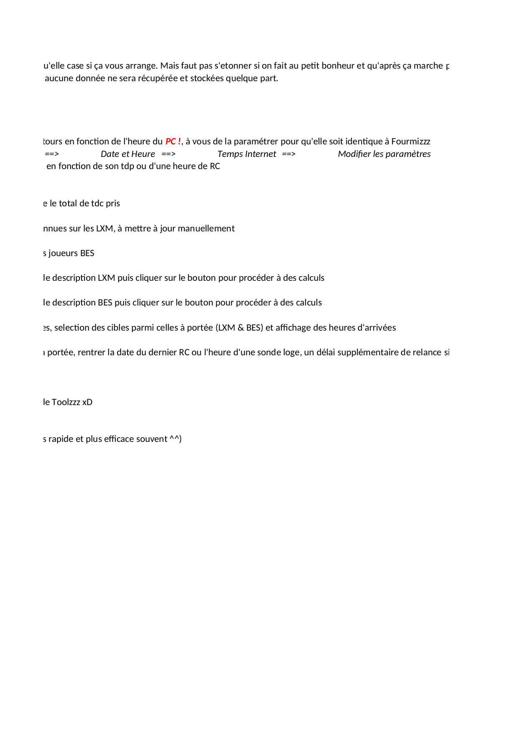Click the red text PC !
[x=173, y=141]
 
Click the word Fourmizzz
[x=411, y=141]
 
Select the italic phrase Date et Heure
[x=128, y=154]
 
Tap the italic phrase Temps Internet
[x=247, y=154]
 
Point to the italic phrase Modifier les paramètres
[x=384, y=154]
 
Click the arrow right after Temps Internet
[x=289, y=154]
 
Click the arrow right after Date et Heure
[x=169, y=154]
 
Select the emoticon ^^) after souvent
[x=176, y=439]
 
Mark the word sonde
[x=269, y=352]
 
